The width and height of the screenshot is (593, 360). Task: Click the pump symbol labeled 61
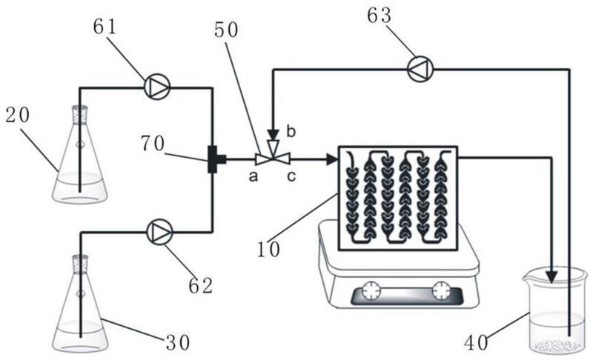coord(157,87)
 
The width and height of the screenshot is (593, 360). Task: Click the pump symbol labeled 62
coord(158,233)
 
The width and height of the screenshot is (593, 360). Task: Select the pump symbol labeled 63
coord(420,70)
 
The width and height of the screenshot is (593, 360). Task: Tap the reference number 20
coord(17,116)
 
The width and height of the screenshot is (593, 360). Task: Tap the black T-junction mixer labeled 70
coord(213,159)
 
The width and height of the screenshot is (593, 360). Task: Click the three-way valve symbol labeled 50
coord(272,158)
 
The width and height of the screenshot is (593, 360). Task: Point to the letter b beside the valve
coord(290,131)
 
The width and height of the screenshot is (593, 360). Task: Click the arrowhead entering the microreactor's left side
coord(331,158)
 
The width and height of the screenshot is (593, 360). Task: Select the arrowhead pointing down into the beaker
coord(552,275)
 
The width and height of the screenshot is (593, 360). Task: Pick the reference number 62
coord(200,284)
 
